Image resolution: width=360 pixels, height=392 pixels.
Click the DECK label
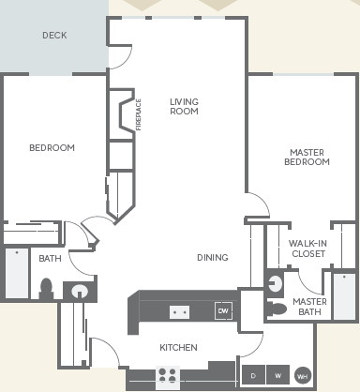click(x=54, y=36)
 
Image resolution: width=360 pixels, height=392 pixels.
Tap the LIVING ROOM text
click(x=185, y=106)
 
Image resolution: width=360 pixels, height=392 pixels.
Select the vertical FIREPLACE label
click(x=138, y=115)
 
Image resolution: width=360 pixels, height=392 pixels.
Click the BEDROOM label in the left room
click(x=52, y=147)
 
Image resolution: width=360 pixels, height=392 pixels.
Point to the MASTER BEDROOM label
click(x=307, y=157)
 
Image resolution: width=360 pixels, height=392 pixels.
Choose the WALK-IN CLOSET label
click(x=307, y=249)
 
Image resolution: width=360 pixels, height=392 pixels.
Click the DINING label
click(x=213, y=258)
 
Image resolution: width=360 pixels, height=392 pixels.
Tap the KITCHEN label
click(x=178, y=347)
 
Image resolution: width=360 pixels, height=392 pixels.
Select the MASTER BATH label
click(x=309, y=308)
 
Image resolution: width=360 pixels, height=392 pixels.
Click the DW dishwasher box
click(x=223, y=310)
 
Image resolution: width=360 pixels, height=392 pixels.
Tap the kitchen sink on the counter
click(x=178, y=310)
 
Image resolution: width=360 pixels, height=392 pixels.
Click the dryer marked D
click(x=253, y=375)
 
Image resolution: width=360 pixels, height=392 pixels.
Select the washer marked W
click(x=277, y=375)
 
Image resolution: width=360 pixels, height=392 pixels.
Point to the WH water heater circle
click(x=302, y=375)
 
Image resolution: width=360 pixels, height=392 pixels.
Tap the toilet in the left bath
click(x=46, y=288)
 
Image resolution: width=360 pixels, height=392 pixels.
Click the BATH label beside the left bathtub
click(x=50, y=258)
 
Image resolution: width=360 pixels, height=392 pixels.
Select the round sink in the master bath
click(x=275, y=283)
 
